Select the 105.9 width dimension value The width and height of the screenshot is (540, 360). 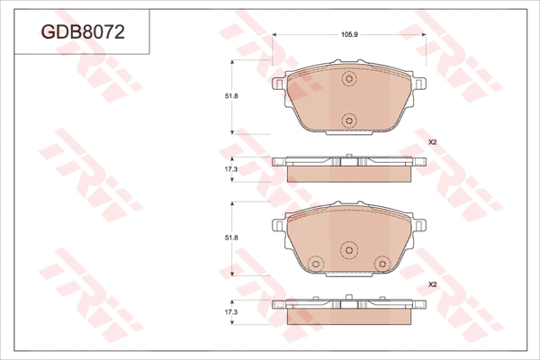tap(349, 34)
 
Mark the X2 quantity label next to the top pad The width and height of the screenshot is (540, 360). tap(431, 142)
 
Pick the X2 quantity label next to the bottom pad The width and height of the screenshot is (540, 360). tap(431, 283)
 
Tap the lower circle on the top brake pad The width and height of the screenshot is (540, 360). tap(349, 119)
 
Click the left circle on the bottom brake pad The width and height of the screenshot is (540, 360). tap(315, 263)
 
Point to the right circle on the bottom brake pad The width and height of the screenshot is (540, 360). tap(383, 263)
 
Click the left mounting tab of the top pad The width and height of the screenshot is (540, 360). tap(278, 84)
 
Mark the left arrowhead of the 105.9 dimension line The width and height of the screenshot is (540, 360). tap(275, 34)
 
